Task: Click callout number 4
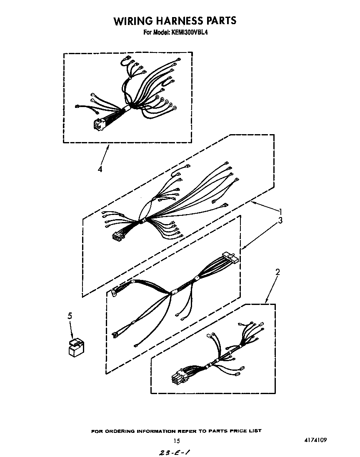click(100, 169)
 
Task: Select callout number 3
click(280, 221)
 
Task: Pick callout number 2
click(277, 272)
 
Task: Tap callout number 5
click(70, 316)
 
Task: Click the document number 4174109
click(315, 440)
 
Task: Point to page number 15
click(177, 441)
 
